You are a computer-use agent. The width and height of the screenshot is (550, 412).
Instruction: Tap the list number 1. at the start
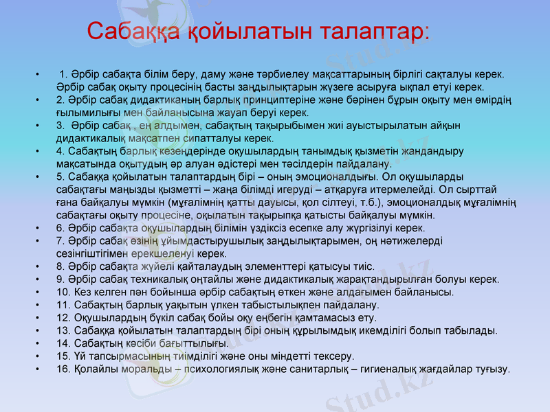pos(65,73)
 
